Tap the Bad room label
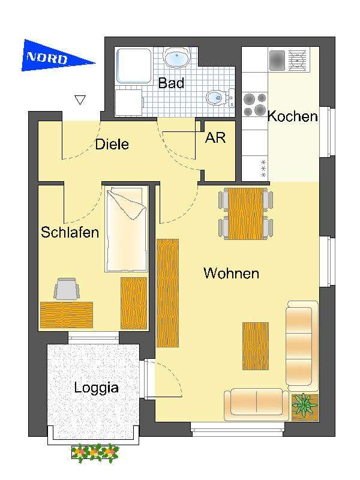click(171, 83)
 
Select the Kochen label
click(292, 116)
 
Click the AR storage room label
click(215, 137)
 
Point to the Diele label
click(112, 145)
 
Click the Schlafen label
click(70, 232)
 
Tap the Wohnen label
click(231, 274)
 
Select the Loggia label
click(96, 388)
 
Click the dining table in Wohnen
click(245, 214)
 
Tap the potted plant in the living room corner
click(305, 406)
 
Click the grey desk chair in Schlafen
click(66, 289)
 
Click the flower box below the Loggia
click(94, 452)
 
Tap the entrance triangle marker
click(80, 100)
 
